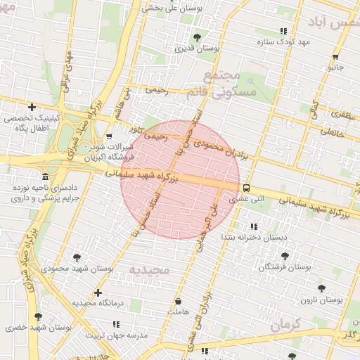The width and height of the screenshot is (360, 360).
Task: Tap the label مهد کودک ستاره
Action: coord(283,42)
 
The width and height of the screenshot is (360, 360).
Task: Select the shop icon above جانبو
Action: coord(335,57)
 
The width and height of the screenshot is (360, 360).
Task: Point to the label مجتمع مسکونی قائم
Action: coord(230,82)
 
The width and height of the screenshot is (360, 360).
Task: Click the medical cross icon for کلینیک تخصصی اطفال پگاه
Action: coord(31,107)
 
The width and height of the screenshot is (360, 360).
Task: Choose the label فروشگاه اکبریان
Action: coord(109,158)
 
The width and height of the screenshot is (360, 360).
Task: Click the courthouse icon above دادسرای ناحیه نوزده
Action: coord(46,176)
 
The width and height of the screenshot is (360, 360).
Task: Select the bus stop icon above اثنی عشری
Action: coord(246,188)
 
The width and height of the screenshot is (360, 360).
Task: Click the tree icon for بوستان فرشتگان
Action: coord(284,257)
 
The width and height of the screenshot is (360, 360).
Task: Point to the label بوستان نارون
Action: coord(321,300)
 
